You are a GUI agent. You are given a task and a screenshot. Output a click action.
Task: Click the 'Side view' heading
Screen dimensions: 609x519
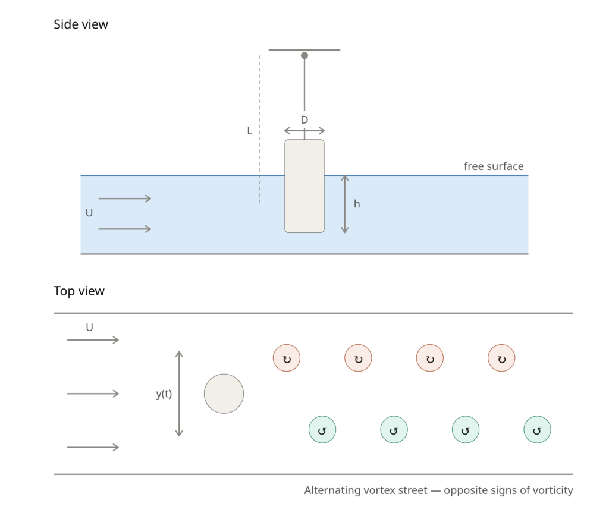[x=81, y=24]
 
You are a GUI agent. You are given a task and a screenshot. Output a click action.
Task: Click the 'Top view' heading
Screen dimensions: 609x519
[x=79, y=291]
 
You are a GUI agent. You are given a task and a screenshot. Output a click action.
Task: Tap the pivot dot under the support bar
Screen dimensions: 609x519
[x=304, y=55]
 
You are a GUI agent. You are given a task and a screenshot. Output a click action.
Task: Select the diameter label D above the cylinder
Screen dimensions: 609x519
[x=304, y=120]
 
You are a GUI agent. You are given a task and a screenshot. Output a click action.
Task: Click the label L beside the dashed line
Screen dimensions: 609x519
[x=250, y=131]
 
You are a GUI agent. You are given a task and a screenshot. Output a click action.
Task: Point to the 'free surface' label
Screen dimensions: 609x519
[x=494, y=166]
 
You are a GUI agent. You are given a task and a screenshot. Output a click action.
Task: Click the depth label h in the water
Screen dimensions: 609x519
[x=357, y=204]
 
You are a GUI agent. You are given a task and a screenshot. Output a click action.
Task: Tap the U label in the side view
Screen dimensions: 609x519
[x=89, y=213]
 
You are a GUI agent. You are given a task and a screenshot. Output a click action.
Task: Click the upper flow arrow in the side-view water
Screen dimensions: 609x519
[x=125, y=199]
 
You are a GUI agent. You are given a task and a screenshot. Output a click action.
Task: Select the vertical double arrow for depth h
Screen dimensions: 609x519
[x=344, y=204]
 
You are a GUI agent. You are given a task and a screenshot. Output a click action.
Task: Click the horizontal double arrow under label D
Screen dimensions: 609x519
[x=304, y=131]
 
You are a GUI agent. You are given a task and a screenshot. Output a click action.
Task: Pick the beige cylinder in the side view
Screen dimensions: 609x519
[x=304, y=186]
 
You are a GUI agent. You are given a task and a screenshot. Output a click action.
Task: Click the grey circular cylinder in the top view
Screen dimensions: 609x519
[x=224, y=394]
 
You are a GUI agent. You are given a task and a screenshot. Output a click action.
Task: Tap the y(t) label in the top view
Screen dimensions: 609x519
[x=164, y=394]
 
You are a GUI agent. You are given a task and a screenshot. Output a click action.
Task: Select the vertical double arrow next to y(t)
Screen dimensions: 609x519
[x=179, y=394]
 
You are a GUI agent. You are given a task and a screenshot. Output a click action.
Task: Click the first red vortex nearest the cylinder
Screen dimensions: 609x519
[x=287, y=358]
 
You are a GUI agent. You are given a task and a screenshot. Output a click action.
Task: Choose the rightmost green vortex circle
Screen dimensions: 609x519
[x=537, y=429]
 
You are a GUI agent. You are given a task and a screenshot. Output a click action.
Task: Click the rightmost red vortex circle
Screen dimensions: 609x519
[x=501, y=358]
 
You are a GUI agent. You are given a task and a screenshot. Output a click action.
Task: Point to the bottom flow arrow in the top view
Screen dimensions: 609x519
[x=93, y=447]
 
